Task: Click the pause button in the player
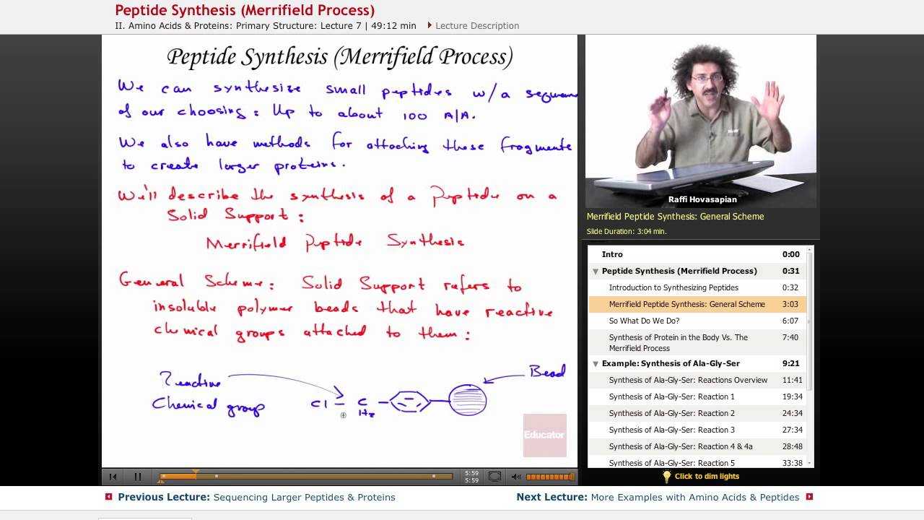[137, 477]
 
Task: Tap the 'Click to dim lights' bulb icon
[667, 477]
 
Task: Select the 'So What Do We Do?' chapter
[644, 321]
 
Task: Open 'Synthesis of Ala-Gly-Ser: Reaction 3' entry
[671, 430]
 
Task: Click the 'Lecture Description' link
[476, 25]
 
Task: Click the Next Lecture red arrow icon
[809, 497]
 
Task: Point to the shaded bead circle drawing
[468, 400]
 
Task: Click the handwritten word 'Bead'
[547, 371]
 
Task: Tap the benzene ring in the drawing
[409, 402]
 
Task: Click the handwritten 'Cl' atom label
[318, 404]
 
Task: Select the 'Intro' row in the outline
[612, 254]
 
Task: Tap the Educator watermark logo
[544, 435]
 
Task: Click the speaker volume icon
[515, 477]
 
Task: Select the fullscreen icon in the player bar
[494, 477]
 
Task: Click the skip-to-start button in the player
[113, 477]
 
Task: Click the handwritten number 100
[415, 116]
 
